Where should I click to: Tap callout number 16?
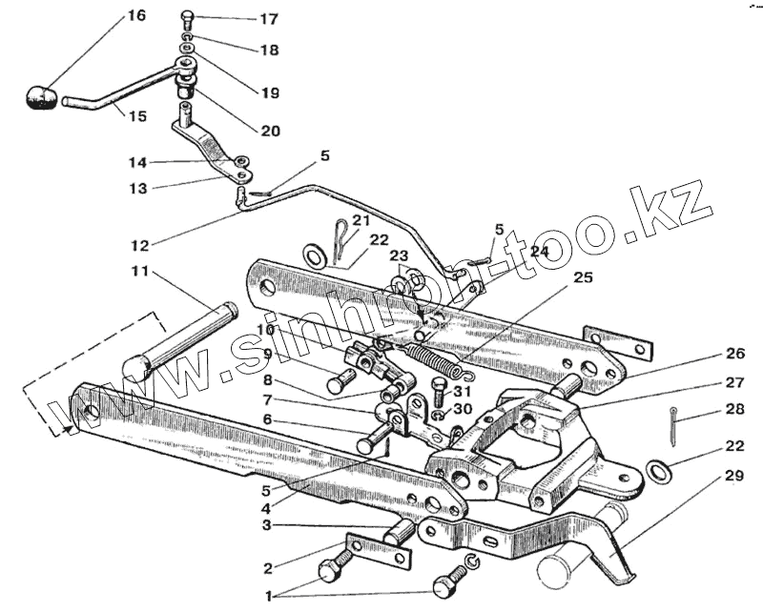tap(136, 16)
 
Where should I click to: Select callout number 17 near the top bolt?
tap(242, 19)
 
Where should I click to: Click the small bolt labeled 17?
tap(186, 17)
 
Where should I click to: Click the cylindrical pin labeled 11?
tap(181, 338)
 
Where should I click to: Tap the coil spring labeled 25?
tap(435, 354)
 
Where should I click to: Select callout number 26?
tap(733, 354)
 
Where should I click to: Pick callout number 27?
tap(733, 383)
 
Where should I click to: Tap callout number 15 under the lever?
tap(137, 116)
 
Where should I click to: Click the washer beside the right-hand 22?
tap(657, 470)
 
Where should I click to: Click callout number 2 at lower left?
tap(268, 569)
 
